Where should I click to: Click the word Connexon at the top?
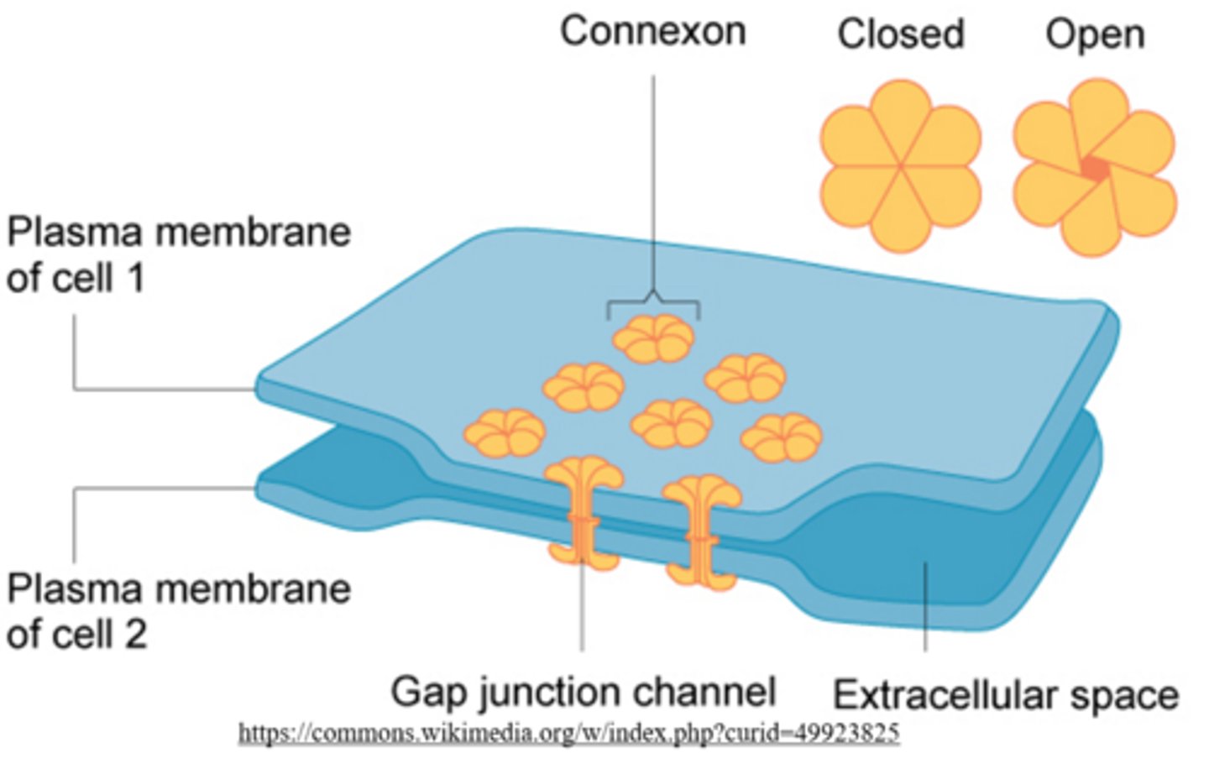point(652,32)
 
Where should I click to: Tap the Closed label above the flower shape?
point(900,34)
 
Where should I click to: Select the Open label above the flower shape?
point(1094,34)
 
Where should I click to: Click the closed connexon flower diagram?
point(900,166)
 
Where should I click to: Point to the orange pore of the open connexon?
point(1093,168)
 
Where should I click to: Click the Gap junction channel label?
point(583,692)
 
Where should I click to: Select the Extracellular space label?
point(1005,695)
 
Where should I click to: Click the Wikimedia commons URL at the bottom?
point(568,733)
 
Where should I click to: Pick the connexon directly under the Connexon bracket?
point(653,338)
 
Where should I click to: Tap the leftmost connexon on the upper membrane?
point(505,433)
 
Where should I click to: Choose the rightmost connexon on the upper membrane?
point(781,437)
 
